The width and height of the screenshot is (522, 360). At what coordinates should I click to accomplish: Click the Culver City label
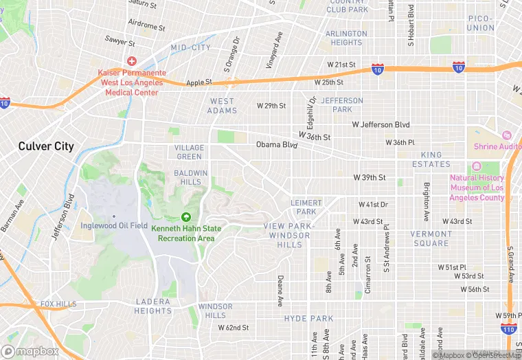[46, 146]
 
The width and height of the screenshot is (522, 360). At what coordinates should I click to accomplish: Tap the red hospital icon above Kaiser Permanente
[131, 60]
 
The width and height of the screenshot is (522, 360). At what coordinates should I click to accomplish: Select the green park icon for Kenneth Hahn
[185, 217]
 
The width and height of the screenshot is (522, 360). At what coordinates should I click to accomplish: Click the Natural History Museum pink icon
[476, 168]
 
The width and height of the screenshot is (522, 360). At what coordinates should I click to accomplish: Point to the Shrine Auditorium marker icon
[507, 135]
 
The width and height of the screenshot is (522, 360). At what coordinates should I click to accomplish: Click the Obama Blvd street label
[277, 145]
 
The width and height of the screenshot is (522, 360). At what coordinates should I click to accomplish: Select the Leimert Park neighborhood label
[306, 207]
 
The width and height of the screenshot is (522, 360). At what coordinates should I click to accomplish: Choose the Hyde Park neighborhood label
[308, 319]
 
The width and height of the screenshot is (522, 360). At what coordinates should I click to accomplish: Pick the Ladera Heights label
[153, 306]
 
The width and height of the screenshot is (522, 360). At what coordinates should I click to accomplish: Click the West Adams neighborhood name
[223, 106]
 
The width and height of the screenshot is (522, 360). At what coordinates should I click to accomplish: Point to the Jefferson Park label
[341, 104]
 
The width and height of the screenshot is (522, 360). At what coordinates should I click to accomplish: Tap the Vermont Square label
[430, 238]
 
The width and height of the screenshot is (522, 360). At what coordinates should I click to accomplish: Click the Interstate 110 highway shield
[509, 330]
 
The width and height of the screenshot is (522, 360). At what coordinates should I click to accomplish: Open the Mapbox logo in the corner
[30, 350]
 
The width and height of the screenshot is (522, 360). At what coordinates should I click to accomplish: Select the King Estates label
[431, 159]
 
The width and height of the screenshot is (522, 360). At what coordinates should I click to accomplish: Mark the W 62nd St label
[234, 328]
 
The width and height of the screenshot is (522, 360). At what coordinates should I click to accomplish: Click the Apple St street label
[199, 82]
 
